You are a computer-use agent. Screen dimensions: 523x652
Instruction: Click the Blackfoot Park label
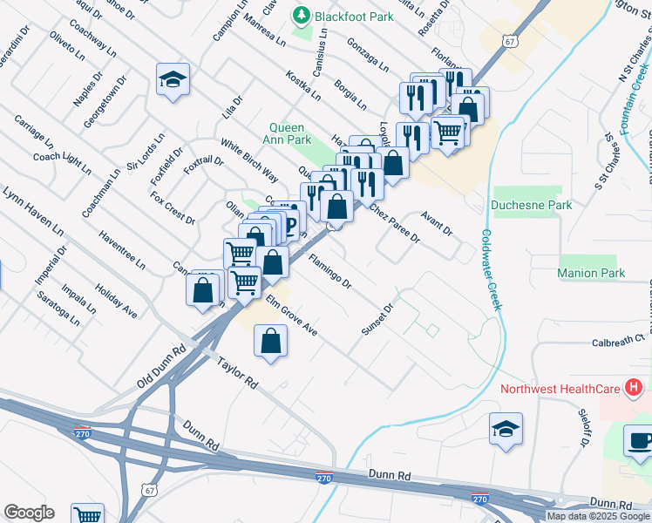[355, 15]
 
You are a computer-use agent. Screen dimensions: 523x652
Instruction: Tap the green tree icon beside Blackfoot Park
[302, 15]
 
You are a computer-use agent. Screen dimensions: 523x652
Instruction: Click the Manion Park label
[591, 273]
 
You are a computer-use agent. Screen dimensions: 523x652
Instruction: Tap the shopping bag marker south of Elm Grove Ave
[270, 341]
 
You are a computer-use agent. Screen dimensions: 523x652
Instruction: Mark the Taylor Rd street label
[238, 374]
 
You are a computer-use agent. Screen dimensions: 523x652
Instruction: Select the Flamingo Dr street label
[329, 272]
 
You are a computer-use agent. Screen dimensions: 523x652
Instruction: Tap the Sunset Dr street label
[379, 319]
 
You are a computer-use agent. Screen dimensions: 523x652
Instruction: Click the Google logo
[29, 513]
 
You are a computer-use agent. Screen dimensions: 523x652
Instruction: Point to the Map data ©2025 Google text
[598, 516]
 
